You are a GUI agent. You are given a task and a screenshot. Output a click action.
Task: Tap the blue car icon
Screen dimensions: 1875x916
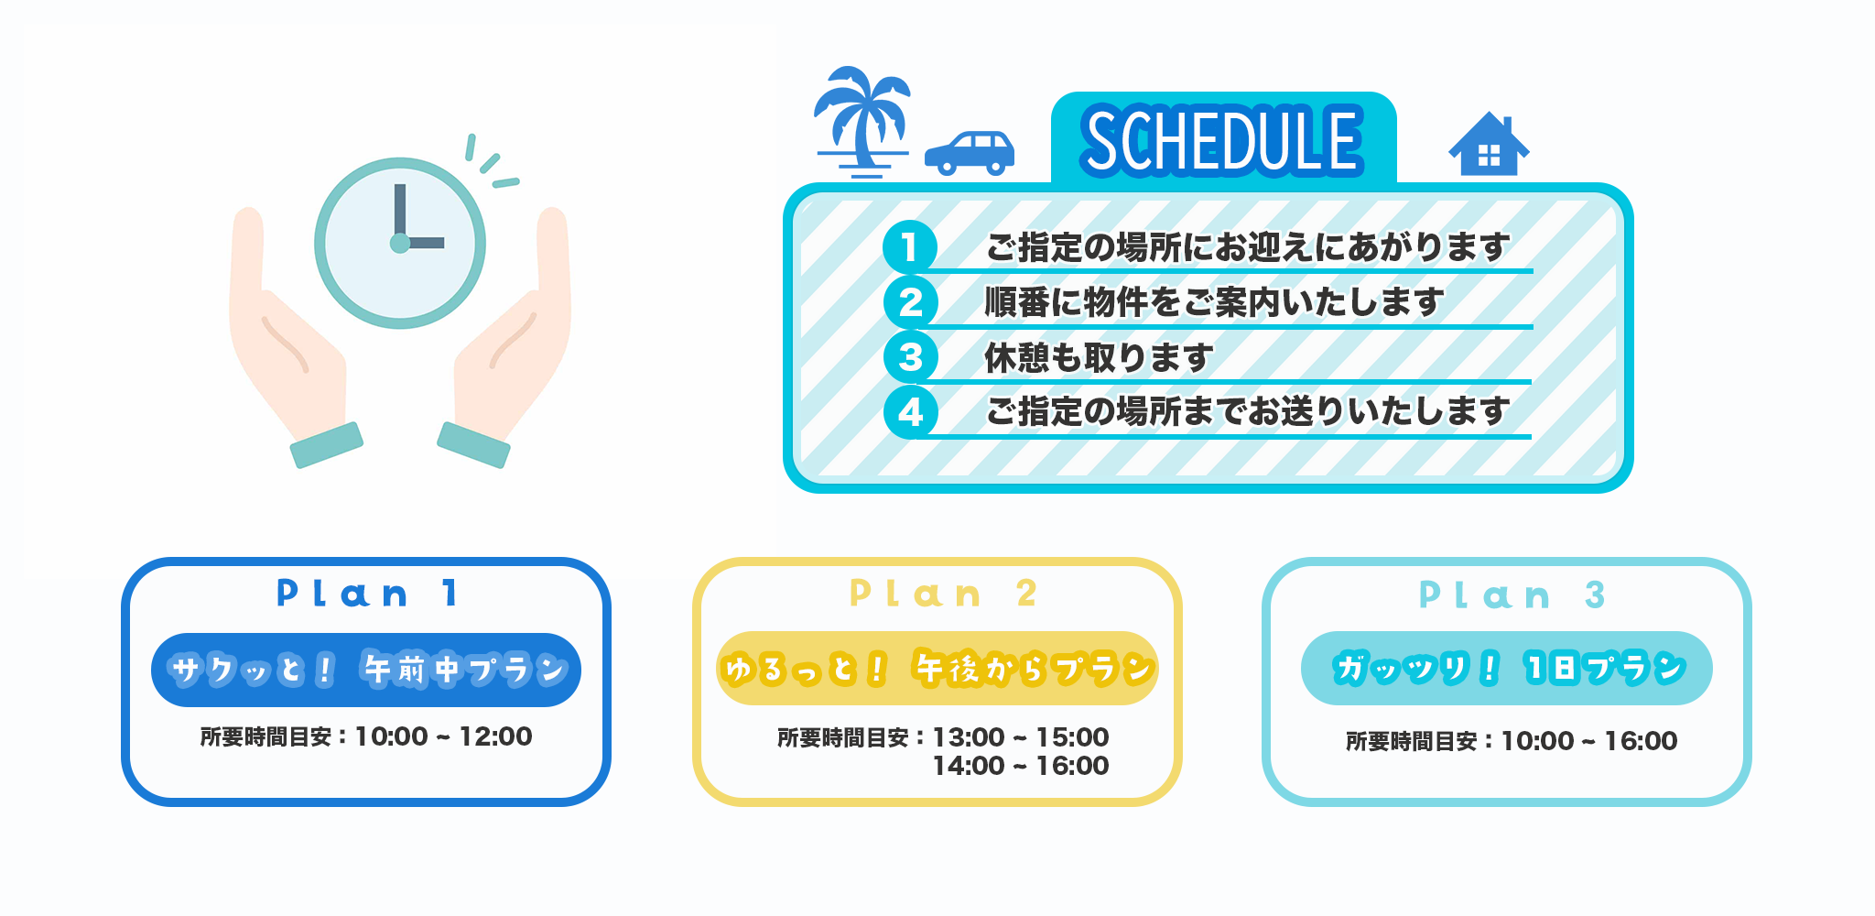(970, 153)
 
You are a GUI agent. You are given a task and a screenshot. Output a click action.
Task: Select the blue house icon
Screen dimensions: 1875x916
(1489, 144)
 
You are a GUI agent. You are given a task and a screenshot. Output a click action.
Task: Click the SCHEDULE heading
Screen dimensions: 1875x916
(1222, 140)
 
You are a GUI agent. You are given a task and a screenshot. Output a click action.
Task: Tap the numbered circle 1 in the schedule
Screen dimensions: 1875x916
(910, 247)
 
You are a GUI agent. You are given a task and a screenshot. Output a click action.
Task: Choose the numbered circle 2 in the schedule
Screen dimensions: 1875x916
(910, 302)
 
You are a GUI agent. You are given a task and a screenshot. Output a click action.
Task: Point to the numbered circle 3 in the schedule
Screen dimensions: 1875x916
(910, 357)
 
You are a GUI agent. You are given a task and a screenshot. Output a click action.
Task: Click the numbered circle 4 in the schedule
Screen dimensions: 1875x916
(910, 412)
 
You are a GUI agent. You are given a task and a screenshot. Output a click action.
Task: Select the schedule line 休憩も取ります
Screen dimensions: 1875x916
(1099, 357)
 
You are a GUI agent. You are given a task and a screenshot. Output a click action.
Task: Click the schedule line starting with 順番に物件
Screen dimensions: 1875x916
(1214, 302)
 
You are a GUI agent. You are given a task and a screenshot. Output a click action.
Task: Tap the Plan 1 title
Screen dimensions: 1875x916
(366, 594)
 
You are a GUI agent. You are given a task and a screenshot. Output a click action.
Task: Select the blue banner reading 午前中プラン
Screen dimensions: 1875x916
(366, 670)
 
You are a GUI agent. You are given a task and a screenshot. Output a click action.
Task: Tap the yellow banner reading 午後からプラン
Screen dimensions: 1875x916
(937, 668)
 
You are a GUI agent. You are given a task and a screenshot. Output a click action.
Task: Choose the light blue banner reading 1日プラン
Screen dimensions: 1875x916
(1507, 668)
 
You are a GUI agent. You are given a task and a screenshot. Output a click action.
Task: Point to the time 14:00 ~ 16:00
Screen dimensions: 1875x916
(1021, 766)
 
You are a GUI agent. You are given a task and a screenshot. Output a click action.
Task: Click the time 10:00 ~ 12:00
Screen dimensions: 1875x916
(443, 736)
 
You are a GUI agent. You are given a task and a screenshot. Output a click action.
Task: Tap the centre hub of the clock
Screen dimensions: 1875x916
(400, 243)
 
